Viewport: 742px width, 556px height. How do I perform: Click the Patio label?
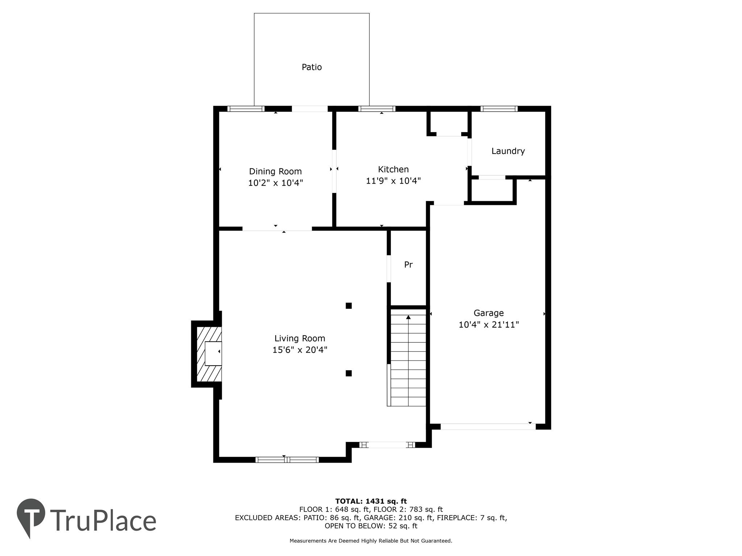(312, 67)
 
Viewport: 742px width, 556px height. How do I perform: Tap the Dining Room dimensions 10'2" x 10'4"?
(275, 183)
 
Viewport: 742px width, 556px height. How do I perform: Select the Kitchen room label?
(393, 169)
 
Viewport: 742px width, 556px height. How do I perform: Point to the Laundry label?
(508, 151)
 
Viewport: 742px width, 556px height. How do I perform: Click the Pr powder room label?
(408, 265)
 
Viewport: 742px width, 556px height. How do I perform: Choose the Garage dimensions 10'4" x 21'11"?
(489, 324)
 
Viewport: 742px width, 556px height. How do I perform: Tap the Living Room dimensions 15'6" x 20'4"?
(300, 350)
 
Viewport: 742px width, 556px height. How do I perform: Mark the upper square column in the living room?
(349, 306)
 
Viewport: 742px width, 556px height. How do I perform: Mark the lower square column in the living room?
(349, 373)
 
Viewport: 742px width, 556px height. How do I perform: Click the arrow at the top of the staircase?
(408, 317)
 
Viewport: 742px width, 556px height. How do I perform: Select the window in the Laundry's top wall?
(499, 109)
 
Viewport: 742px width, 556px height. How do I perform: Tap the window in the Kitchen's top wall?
(377, 109)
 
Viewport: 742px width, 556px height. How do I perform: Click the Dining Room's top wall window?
(246, 109)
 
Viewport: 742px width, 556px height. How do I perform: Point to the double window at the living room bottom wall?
(287, 460)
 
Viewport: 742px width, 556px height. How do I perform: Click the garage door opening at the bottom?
(488, 426)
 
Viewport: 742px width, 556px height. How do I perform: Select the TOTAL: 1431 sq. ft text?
(371, 501)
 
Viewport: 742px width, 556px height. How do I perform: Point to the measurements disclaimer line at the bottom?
(371, 541)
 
